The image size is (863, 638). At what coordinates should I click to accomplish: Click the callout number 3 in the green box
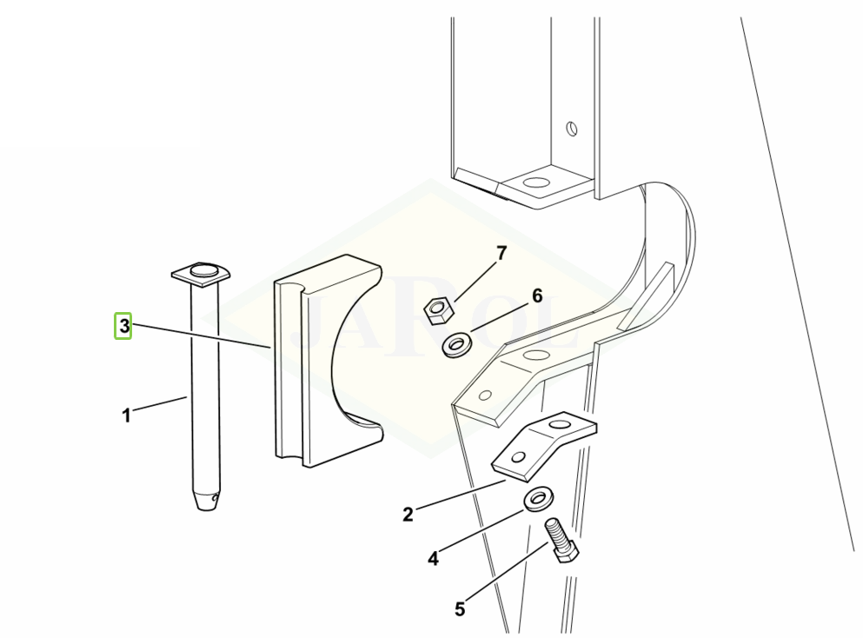click(x=123, y=326)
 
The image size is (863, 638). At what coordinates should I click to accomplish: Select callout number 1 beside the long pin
click(x=127, y=415)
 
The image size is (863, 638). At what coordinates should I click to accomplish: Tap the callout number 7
click(x=501, y=253)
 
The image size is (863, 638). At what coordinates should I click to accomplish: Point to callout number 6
click(x=537, y=296)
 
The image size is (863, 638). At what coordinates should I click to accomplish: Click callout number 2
click(x=408, y=515)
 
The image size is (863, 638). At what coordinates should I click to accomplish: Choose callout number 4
click(x=433, y=559)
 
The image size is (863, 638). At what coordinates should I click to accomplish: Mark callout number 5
click(x=460, y=608)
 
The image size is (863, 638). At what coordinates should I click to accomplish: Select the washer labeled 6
click(x=455, y=344)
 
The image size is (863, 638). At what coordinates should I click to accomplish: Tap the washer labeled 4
click(x=538, y=498)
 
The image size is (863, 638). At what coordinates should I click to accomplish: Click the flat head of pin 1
click(x=201, y=274)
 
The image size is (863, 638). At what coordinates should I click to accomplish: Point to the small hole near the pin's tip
click(x=216, y=499)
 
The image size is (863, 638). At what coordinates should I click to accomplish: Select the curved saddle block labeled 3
click(x=328, y=361)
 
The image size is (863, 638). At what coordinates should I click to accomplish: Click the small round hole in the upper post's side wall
click(x=573, y=130)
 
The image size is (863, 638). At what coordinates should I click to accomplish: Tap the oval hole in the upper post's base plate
click(x=536, y=182)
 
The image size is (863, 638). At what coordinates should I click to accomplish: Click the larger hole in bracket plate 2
click(x=560, y=424)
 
